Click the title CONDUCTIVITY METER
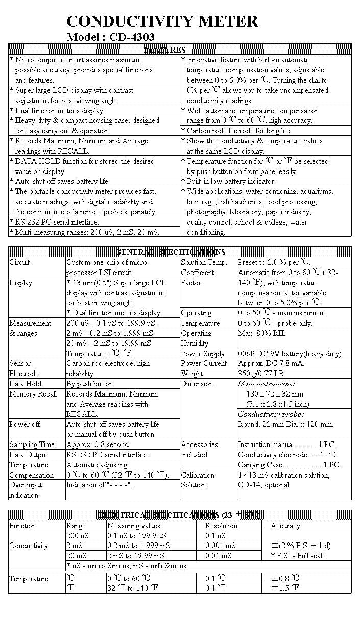click(162, 21)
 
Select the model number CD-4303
click(132, 37)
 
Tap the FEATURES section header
click(164, 50)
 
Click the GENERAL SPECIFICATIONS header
click(171, 252)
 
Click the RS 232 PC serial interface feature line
click(57, 222)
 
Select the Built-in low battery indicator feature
click(231, 181)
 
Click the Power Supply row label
click(202, 354)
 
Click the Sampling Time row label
click(32, 444)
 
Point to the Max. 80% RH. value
click(261, 333)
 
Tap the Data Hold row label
click(26, 384)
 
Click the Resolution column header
click(221, 526)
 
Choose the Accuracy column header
click(285, 526)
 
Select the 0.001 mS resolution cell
click(221, 546)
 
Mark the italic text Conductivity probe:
click(271, 414)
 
